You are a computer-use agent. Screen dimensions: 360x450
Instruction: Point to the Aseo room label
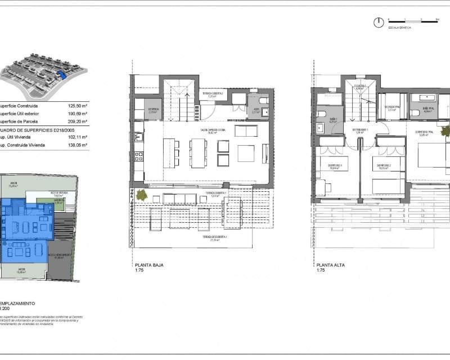coord(256,111)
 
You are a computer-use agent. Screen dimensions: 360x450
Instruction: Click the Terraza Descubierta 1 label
coord(210,238)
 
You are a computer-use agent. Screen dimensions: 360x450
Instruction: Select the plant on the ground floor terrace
coord(142,195)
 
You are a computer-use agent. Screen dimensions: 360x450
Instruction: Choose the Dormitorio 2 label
coord(384,166)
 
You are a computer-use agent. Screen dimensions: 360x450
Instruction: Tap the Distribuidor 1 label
coord(360,129)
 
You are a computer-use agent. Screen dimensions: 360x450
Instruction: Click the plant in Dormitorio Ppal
coord(445,131)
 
